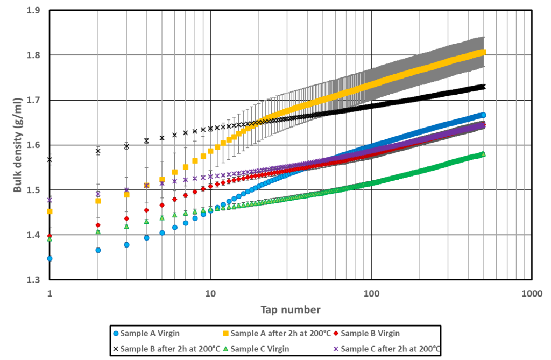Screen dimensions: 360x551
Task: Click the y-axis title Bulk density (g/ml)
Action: pos(18,145)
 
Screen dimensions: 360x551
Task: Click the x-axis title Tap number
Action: pos(291,309)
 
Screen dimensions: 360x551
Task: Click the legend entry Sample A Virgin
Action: pos(150,333)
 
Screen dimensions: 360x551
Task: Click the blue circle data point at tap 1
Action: pos(50,258)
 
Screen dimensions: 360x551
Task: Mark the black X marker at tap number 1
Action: pos(50,160)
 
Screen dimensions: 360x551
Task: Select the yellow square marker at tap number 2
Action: pos(98,201)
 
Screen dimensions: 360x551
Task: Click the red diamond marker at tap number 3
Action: pos(126,218)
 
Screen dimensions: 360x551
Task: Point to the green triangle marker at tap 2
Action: pos(98,232)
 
